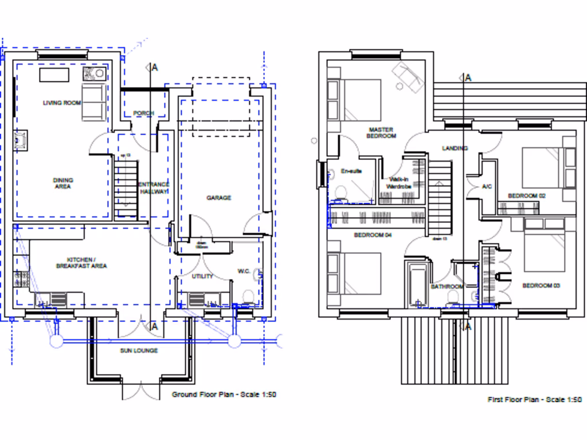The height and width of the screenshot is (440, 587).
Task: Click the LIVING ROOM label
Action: coord(62,103)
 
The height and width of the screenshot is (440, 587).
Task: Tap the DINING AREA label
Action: coord(63,183)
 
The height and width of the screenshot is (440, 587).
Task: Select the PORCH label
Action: coord(143,113)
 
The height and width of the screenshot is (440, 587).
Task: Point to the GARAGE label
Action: coord(219,198)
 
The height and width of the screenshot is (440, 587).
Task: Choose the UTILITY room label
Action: coord(202,276)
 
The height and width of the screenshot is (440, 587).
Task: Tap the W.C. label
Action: coord(244,271)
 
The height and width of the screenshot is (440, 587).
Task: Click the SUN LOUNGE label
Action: coord(139,351)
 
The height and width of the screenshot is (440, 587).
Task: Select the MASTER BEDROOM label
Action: coord(381,133)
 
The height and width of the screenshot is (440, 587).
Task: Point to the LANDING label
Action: coord(455,148)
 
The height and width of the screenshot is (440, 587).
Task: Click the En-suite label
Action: coord(351,171)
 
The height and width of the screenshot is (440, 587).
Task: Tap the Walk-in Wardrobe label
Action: coord(400,183)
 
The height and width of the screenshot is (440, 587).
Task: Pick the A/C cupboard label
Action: coord(487,187)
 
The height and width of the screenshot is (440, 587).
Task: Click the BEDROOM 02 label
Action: coord(526,196)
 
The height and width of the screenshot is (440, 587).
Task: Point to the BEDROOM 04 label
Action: coord(373,235)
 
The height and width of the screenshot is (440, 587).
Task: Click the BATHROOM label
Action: coord(447,286)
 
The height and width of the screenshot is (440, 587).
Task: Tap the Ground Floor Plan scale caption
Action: coord(225,395)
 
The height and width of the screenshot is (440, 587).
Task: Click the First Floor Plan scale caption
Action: coord(534,399)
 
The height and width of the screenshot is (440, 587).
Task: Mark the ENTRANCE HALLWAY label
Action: coord(154,188)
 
